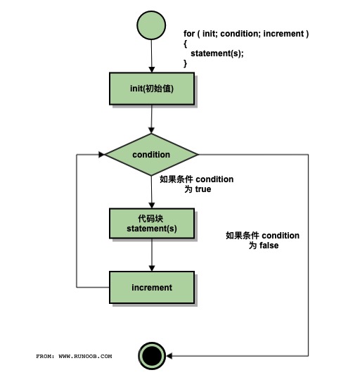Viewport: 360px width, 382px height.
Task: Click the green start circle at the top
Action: pyautogui.click(x=151, y=26)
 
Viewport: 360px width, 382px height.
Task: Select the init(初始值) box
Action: pyautogui.click(x=151, y=89)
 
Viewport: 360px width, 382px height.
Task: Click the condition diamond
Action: pyautogui.click(x=151, y=154)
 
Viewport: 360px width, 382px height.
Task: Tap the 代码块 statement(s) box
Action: pyautogui.click(x=151, y=223)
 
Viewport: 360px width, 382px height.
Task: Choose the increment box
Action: pyautogui.click(x=151, y=287)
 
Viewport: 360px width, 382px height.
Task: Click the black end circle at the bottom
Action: pyautogui.click(x=151, y=357)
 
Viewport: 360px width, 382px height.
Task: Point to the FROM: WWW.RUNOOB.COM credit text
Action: pyautogui.click(x=74, y=357)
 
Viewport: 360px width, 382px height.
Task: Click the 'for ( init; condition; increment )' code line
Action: pyautogui.click(x=246, y=34)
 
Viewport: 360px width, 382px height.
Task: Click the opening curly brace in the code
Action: pyautogui.click(x=186, y=44)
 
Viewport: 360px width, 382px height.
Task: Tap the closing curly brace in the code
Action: pyautogui.click(x=186, y=63)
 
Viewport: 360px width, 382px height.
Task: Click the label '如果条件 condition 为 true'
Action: pyautogui.click(x=196, y=184)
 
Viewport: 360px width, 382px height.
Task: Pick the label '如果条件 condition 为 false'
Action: pyautogui.click(x=262, y=241)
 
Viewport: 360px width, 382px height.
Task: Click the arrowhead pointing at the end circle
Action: pyautogui.click(x=169, y=357)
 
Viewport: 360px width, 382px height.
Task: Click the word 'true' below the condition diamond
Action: pyautogui.click(x=202, y=189)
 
